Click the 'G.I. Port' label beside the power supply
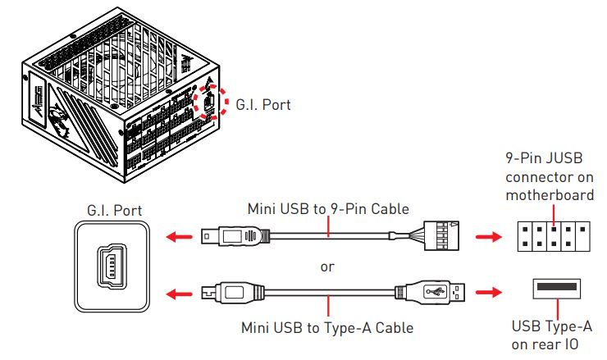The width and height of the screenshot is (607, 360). (262, 104)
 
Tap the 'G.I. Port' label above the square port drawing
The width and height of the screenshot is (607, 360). (114, 211)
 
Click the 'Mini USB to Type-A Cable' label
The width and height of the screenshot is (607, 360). (327, 327)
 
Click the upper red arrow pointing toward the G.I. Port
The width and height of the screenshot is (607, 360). (177, 238)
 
